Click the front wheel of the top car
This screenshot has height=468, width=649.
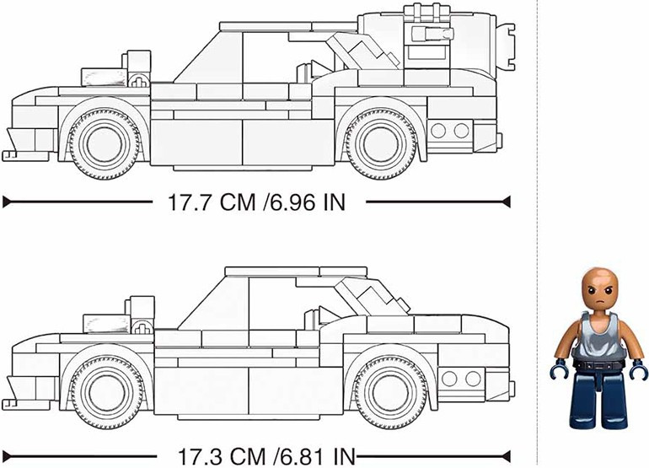pos(105,143)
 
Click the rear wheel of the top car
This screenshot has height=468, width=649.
pos(381,143)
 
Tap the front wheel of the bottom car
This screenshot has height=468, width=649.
pos(108,392)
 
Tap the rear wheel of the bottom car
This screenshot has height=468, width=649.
pos(391,392)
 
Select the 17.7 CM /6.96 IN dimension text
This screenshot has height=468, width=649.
pos(256,202)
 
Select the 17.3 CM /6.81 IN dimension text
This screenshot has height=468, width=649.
pos(266,456)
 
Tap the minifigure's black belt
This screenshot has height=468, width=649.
pos(598,364)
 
